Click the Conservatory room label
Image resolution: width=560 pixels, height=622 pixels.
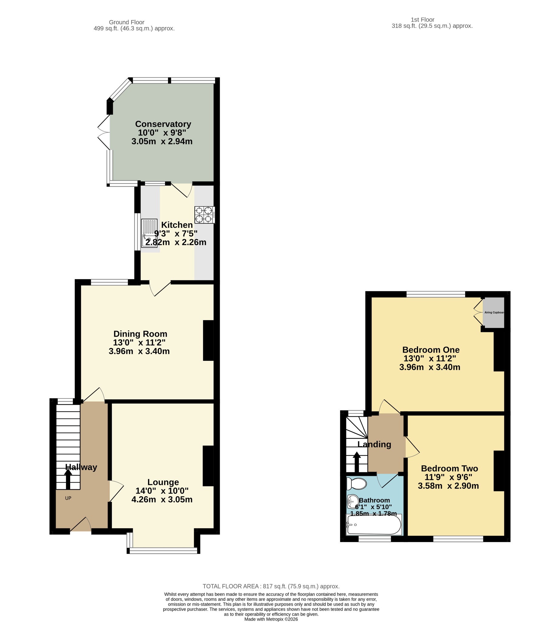163,124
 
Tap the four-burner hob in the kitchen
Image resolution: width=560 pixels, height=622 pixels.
204,215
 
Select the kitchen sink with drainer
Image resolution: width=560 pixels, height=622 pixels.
149,233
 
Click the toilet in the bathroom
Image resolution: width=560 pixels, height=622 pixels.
357,484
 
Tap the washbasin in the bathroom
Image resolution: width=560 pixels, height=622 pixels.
352,501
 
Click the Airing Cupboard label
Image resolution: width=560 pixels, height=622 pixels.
494,313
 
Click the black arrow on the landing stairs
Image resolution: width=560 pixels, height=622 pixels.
357,462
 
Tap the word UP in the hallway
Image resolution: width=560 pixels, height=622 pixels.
68,498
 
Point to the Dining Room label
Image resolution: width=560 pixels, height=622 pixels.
140,334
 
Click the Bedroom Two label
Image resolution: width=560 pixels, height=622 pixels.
449,468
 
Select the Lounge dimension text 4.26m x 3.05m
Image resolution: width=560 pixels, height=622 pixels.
162,499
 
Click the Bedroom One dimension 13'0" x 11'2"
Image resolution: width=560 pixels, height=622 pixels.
430,358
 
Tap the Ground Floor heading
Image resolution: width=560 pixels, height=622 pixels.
126,22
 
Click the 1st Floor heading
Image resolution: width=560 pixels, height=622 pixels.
422,20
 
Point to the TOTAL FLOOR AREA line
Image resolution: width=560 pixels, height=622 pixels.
271,586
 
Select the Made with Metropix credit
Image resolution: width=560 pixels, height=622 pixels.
271,619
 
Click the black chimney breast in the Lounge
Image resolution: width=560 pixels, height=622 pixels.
208,466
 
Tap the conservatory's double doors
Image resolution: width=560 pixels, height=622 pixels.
104,133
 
